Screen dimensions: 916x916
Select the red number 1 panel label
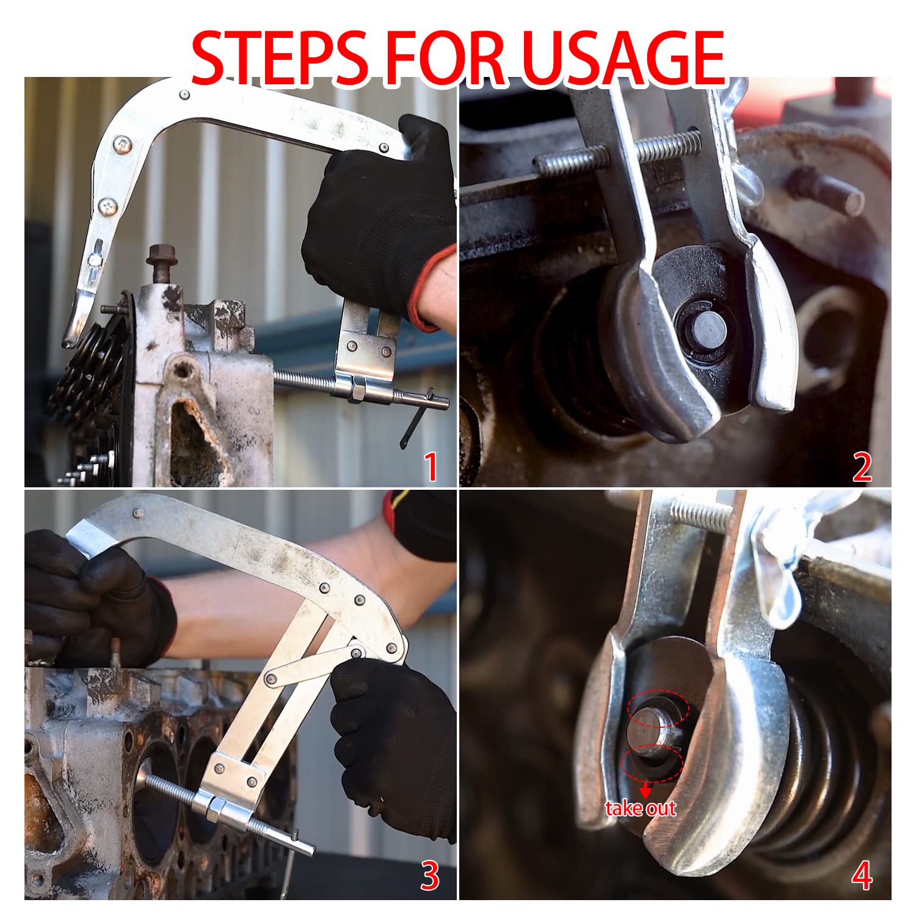coord(431,467)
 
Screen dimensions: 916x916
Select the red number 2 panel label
coord(862,468)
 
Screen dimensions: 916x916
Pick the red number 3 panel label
coord(430,876)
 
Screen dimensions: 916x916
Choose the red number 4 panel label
coord(862,877)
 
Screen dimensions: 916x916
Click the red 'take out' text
coord(641,809)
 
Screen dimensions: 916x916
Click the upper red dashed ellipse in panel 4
coord(657,710)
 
